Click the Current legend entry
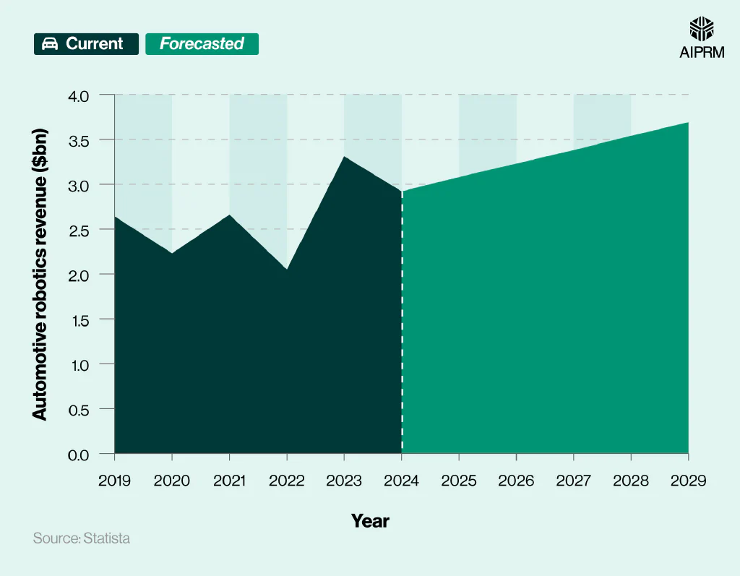[x=86, y=43]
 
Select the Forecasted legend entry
[x=202, y=43]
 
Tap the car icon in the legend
[x=50, y=44]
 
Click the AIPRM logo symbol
[x=702, y=28]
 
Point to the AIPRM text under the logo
[x=702, y=53]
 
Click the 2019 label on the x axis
[x=115, y=480]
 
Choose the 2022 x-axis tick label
[x=287, y=480]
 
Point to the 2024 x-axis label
[x=402, y=480]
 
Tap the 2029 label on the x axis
[x=688, y=480]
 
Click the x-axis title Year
[x=370, y=520]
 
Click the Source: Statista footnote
[x=82, y=538]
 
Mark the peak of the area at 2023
[x=345, y=157]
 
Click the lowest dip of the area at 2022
[x=287, y=269]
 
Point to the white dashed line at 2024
[x=402, y=325]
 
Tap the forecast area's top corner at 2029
[x=687, y=124]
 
